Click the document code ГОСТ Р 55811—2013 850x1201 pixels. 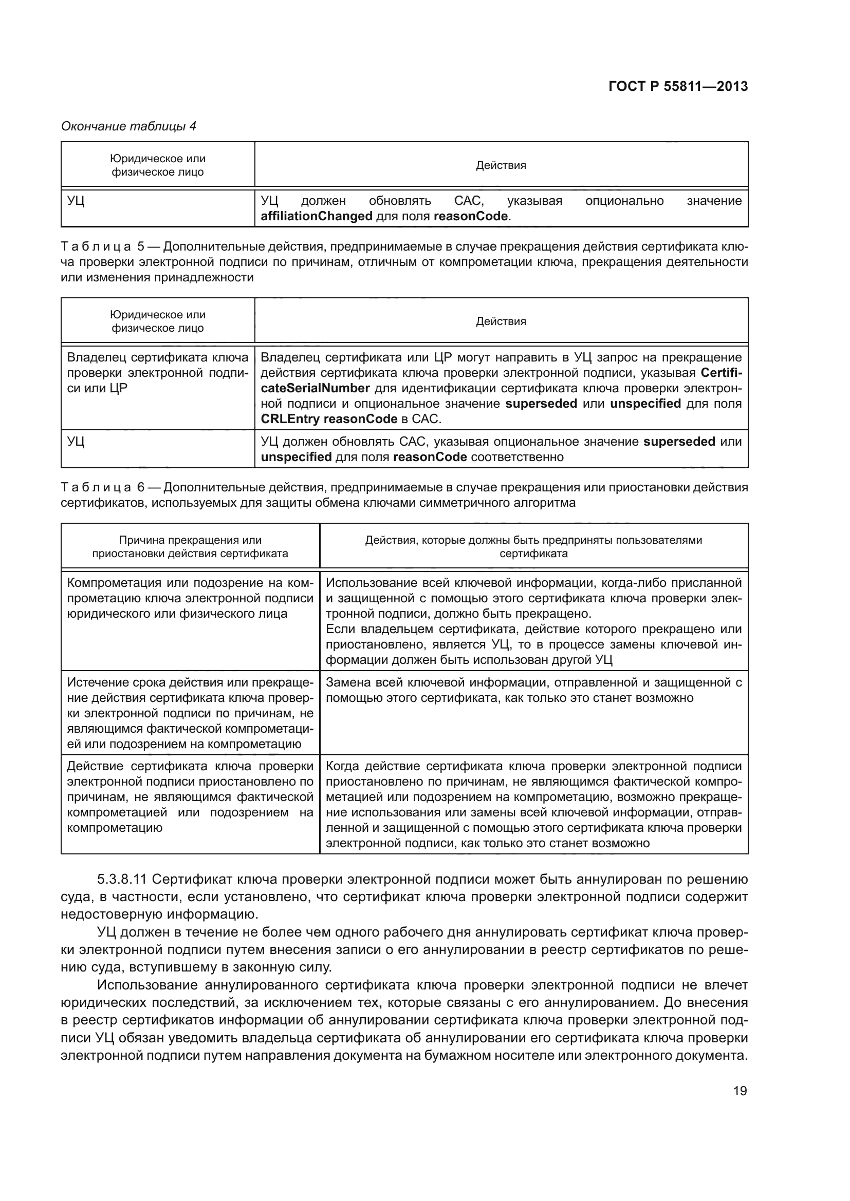pos(678,86)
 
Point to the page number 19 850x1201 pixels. pos(740,1091)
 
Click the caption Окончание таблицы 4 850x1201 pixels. pos(129,126)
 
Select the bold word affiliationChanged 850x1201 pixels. pos(316,216)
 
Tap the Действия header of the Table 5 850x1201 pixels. pos(501,321)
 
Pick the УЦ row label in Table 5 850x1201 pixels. pos(77,442)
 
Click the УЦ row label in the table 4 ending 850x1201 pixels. pos(77,201)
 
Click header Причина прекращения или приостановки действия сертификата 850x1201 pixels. pos(190,547)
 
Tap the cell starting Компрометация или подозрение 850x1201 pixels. pos(190,598)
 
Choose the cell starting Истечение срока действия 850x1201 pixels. pos(190,713)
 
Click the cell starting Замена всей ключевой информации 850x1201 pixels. pos(533,690)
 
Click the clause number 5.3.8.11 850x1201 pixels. pos(123,879)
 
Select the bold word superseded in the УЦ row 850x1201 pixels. pos(679,442)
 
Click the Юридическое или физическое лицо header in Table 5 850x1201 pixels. pos(158,321)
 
